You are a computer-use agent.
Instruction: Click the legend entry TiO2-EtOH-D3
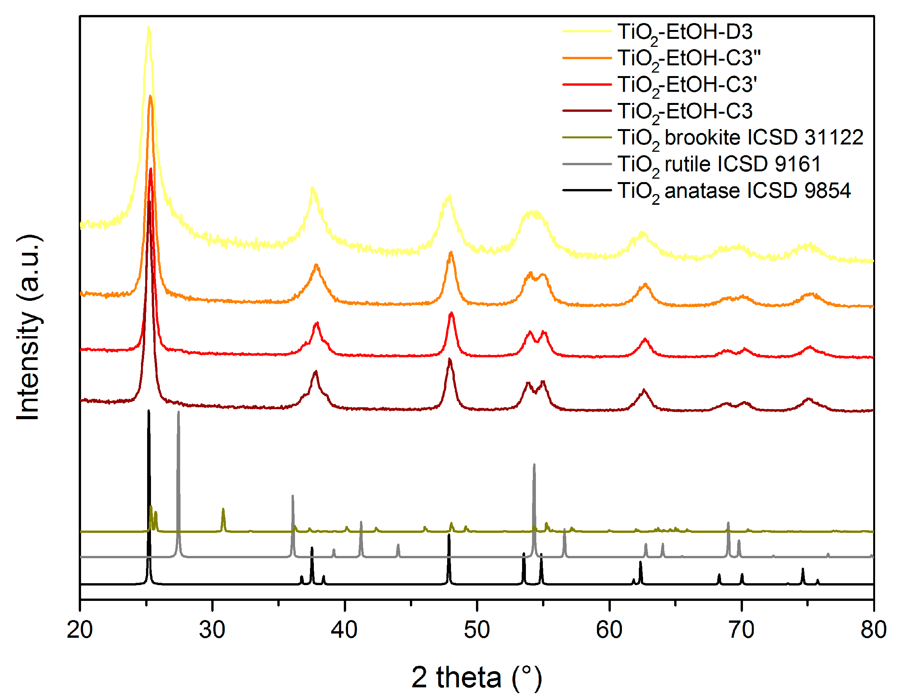(685, 32)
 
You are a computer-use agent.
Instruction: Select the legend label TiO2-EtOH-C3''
(689, 58)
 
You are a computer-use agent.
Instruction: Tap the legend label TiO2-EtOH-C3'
(687, 85)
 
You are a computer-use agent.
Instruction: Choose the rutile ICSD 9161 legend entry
(719, 164)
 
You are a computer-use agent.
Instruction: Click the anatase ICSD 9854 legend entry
(733, 191)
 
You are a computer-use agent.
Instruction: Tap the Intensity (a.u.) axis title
(29, 328)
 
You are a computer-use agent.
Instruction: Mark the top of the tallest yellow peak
(149, 28)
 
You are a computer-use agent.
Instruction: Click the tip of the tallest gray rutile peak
(178, 411)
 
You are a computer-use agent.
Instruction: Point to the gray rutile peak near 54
(534, 464)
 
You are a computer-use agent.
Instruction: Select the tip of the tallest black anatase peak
(149, 410)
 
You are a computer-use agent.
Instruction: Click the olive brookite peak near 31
(223, 509)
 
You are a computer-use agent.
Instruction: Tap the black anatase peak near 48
(449, 535)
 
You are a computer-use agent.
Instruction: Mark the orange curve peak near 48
(451, 252)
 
